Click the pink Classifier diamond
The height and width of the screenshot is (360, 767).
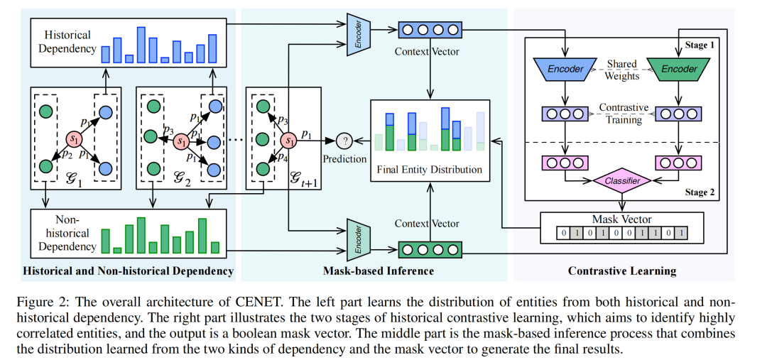pyautogui.click(x=622, y=181)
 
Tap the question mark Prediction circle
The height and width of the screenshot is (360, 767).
pyautogui.click(x=344, y=140)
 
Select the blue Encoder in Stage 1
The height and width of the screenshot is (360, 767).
pyautogui.click(x=565, y=69)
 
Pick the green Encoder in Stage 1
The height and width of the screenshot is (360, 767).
pyautogui.click(x=680, y=69)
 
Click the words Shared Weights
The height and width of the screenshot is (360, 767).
pyautogui.click(x=622, y=70)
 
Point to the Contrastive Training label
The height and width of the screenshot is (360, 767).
pyautogui.click(x=623, y=114)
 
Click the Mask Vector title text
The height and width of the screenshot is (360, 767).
pyautogui.click(x=621, y=219)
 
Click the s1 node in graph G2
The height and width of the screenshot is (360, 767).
pyautogui.click(x=183, y=141)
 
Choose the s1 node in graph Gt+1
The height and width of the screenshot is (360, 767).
pyautogui.click(x=288, y=139)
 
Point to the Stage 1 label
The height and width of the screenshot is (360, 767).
pyautogui.click(x=699, y=44)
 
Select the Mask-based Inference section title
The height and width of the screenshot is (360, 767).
pyautogui.click(x=379, y=271)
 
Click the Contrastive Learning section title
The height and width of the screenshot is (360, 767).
pyautogui.click(x=622, y=271)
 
